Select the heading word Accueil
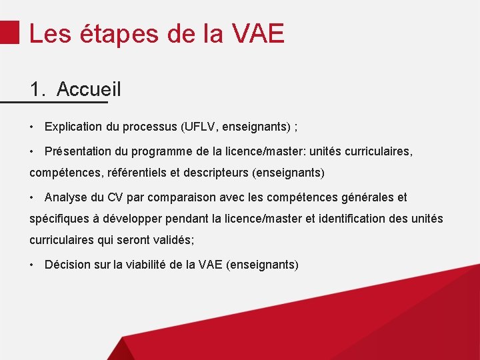coord(89,89)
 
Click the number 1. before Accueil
coord(39,89)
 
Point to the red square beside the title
coord(9,31)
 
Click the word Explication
coord(73,127)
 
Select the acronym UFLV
coord(200,127)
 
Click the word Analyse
coord(65,197)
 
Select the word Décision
coord(67,265)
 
